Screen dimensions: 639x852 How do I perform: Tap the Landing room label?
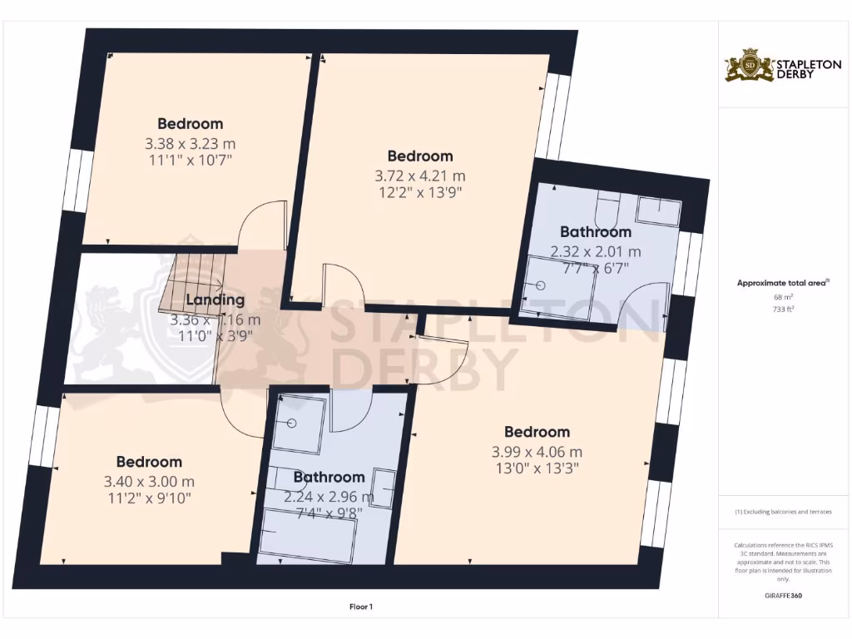tap(215, 300)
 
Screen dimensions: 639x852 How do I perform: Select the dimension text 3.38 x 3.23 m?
tap(190, 143)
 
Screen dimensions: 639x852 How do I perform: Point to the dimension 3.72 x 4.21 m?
tap(420, 176)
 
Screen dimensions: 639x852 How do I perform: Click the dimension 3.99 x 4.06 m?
tap(537, 452)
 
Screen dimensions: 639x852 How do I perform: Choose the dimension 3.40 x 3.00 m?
tap(149, 481)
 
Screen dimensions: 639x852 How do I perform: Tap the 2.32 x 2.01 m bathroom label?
tap(596, 250)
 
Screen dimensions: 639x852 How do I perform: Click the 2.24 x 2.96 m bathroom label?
tap(329, 497)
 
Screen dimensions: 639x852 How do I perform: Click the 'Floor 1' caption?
tap(360, 607)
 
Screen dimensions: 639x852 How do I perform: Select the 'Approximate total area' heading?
tap(781, 283)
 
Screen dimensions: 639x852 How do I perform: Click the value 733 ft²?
tap(782, 308)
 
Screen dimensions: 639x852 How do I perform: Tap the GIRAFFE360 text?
tap(782, 596)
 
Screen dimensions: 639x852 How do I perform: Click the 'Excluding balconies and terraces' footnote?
tap(782, 512)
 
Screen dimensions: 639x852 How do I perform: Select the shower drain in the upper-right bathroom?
tap(540, 285)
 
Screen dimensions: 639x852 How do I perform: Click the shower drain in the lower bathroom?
tap(293, 424)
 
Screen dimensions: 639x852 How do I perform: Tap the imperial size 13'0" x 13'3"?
tap(537, 468)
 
